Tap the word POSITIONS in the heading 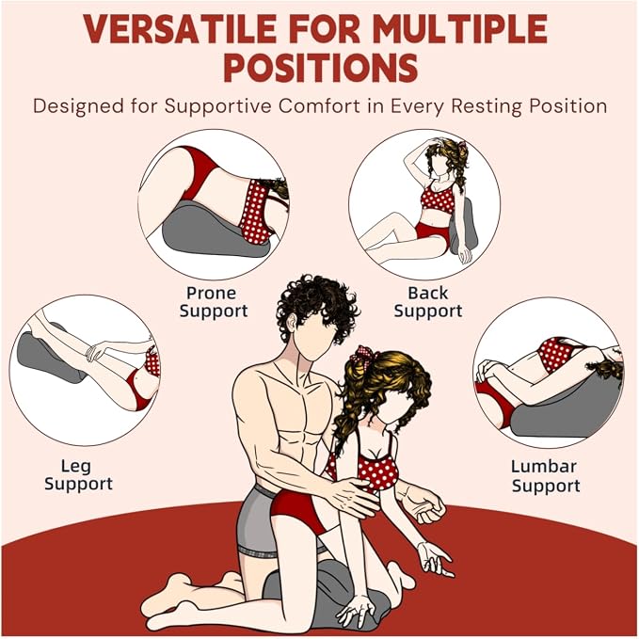click(x=321, y=68)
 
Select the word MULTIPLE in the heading click(x=460, y=29)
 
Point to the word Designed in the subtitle click(x=79, y=106)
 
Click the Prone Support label click(x=214, y=302)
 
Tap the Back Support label click(x=428, y=302)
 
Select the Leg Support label click(x=78, y=475)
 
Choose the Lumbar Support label click(x=546, y=476)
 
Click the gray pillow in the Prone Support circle click(x=204, y=232)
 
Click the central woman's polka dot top click(x=373, y=469)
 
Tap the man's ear click(x=291, y=323)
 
